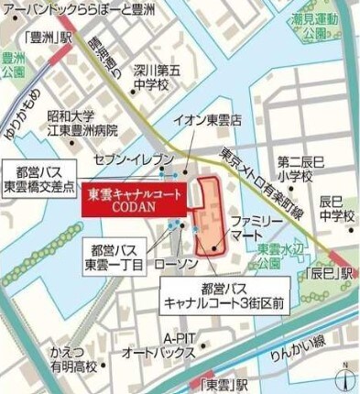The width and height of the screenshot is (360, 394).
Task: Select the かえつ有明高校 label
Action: (x=73, y=359)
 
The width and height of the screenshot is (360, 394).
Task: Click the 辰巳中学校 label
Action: (x=336, y=208)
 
